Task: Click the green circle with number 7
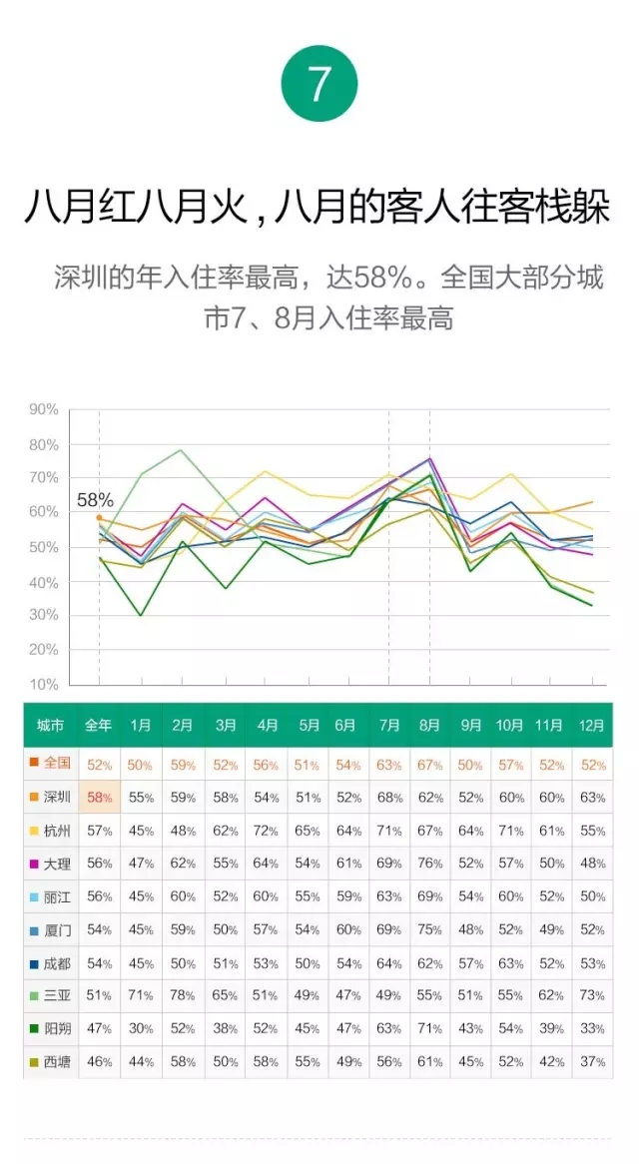[x=319, y=84]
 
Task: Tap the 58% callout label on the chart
[x=95, y=499]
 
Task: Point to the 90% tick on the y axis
[x=43, y=409]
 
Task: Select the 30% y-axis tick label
[x=43, y=615]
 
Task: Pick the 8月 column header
[x=429, y=725]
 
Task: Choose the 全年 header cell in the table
[x=99, y=725]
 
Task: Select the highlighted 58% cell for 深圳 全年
[x=99, y=798]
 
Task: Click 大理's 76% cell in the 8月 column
[x=430, y=864]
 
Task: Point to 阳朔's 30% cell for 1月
[x=141, y=1029]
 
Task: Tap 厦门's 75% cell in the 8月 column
[x=430, y=930]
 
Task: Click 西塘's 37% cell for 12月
[x=592, y=1062]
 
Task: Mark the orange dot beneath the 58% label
[x=99, y=517]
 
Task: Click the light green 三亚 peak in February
[x=181, y=450]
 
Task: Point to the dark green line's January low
[x=140, y=615]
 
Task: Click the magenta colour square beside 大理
[x=33, y=864]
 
